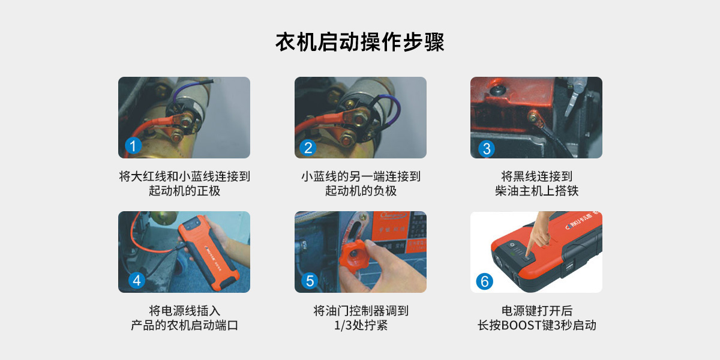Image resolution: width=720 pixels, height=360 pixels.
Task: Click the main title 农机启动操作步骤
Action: tap(360, 42)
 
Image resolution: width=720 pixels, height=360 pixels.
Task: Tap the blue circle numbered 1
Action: tap(133, 146)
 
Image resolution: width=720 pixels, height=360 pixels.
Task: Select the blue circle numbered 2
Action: tap(308, 148)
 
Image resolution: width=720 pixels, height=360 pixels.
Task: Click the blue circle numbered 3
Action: tap(487, 149)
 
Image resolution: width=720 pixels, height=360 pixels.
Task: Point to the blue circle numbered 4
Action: tap(137, 280)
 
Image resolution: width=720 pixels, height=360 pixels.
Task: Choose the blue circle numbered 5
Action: tap(310, 281)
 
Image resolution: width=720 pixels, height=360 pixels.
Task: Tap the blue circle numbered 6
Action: tap(484, 281)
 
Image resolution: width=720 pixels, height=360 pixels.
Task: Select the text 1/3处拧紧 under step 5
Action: tap(361, 325)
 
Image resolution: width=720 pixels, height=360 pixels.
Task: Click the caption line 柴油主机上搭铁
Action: tap(536, 191)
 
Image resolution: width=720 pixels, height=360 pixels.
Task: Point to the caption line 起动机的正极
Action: tap(184, 191)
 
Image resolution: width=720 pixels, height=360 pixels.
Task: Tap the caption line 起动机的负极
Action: tap(361, 191)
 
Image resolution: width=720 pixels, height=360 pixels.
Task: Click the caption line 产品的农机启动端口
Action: tap(184, 325)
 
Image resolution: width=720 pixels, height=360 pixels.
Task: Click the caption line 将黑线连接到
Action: tap(536, 176)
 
